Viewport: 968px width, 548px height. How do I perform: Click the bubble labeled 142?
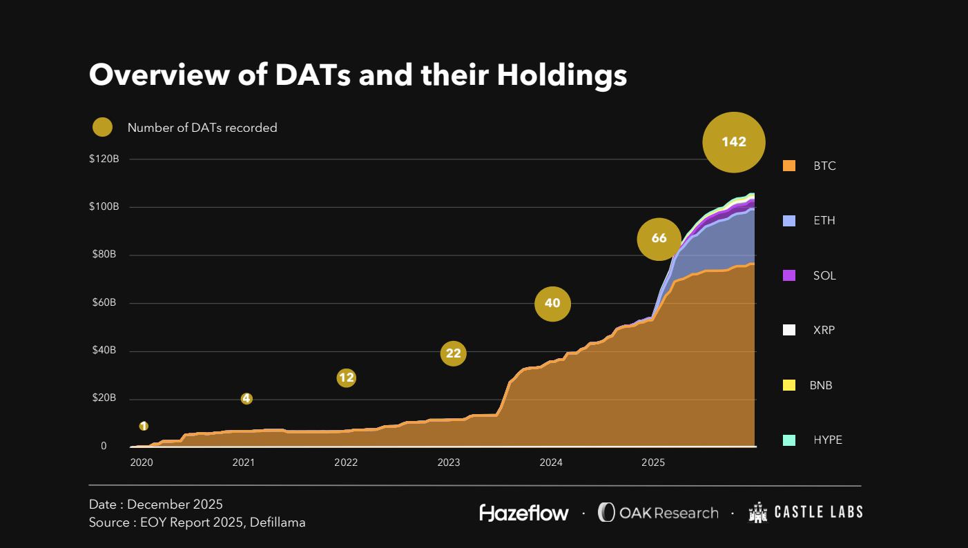(x=734, y=142)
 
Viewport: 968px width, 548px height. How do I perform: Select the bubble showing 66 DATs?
(x=659, y=239)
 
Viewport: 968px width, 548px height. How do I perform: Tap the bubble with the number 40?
(x=552, y=303)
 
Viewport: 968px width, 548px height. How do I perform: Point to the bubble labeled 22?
(x=453, y=353)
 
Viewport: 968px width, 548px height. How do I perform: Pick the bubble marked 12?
(x=346, y=378)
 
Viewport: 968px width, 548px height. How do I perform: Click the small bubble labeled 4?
(x=246, y=399)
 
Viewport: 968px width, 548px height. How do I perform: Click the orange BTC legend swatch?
(x=789, y=166)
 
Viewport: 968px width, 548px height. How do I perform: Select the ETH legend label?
(x=824, y=221)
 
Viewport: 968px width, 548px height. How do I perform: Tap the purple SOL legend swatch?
(x=789, y=275)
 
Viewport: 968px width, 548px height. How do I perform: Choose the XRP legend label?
(x=824, y=330)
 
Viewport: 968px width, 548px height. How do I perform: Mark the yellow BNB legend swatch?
(x=789, y=385)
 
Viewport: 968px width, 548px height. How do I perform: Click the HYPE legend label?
(x=828, y=440)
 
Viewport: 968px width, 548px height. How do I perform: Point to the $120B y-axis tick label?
(x=104, y=159)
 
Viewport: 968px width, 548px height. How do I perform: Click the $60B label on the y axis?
(x=104, y=303)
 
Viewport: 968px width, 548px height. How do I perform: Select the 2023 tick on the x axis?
(x=449, y=462)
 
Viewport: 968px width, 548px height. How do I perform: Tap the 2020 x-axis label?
(x=141, y=462)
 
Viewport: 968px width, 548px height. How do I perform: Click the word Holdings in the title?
(x=562, y=75)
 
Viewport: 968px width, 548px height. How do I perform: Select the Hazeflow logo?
(x=524, y=513)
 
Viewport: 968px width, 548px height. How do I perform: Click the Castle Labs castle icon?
(x=758, y=513)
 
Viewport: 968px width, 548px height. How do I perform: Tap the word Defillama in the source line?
(x=274, y=522)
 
